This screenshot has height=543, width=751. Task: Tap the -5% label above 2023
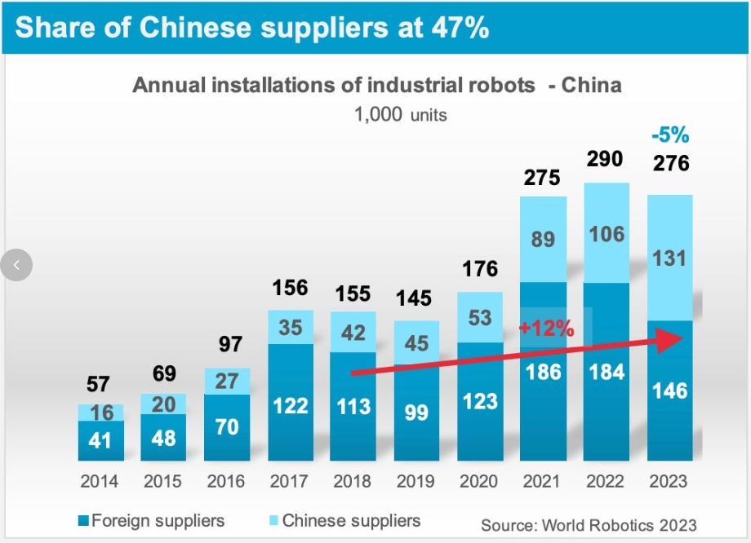tap(670, 135)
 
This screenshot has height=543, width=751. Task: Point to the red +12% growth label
tap(546, 329)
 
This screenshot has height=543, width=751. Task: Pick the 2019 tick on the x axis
tap(415, 481)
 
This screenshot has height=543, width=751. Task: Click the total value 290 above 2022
tap(605, 158)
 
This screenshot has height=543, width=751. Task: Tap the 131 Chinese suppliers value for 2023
tap(670, 259)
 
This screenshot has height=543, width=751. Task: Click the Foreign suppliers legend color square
tap(83, 520)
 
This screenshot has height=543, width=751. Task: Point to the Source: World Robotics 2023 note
tap(589, 524)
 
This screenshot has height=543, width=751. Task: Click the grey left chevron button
tap(17, 264)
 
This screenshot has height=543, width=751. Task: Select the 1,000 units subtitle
tap(400, 114)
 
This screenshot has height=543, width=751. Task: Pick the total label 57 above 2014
tap(98, 384)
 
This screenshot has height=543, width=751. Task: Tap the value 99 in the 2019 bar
tap(416, 412)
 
